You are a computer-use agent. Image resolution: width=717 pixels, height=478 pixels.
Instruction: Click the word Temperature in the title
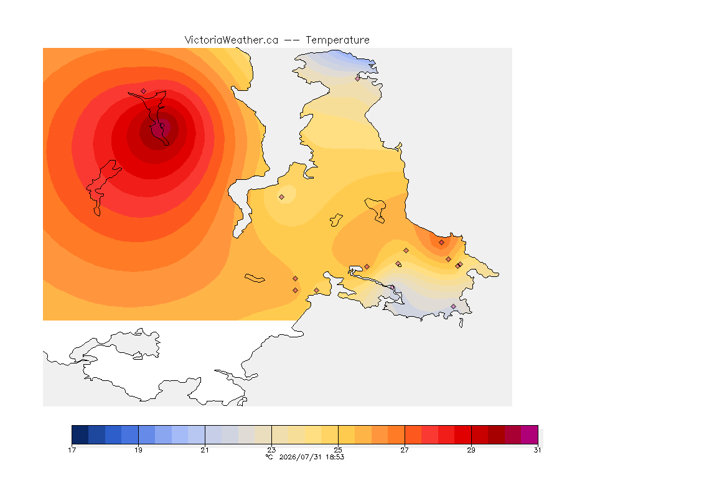[337, 40]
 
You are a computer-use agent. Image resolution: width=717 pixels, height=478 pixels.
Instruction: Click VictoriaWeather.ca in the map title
[232, 40]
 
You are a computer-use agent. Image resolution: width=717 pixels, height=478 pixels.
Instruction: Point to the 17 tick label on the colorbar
[72, 450]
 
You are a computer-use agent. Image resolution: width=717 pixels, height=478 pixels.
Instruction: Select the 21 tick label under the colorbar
[205, 450]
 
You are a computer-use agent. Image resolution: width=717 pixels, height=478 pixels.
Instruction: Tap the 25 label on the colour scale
[338, 450]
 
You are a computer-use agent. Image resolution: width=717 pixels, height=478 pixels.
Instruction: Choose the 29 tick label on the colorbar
[471, 450]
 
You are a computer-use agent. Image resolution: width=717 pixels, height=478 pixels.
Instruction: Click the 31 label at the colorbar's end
[537, 450]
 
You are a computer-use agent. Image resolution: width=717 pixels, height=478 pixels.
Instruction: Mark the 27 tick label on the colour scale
[405, 450]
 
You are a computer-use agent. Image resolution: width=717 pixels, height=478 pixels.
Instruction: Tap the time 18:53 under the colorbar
[335, 457]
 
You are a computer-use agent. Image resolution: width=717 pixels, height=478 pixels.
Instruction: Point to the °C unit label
[269, 457]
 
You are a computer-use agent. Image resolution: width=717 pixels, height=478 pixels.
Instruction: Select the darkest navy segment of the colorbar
[80, 434]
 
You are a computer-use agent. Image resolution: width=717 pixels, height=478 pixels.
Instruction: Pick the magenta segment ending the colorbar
[530, 434]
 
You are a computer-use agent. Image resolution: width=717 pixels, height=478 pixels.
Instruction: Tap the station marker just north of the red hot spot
[144, 91]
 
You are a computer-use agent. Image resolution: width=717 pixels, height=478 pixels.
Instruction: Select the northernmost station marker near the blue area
[358, 78]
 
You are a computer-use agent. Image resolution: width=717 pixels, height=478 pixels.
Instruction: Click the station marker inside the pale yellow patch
[282, 197]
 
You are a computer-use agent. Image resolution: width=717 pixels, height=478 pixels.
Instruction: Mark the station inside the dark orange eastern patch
[441, 243]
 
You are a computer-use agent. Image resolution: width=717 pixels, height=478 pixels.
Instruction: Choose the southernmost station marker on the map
[453, 306]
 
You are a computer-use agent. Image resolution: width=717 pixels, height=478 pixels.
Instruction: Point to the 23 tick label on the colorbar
[271, 450]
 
